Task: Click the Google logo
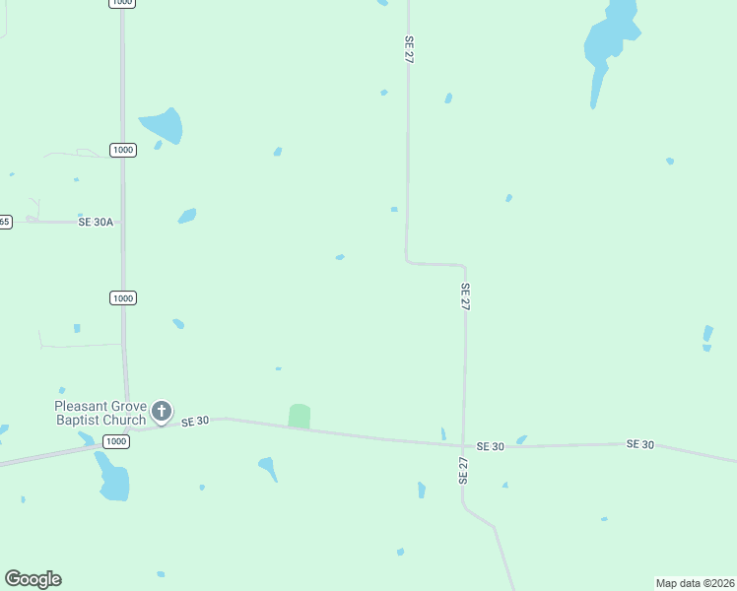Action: [33, 579]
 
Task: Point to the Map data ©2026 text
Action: [695, 583]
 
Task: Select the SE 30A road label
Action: [98, 223]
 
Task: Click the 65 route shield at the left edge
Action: [4, 222]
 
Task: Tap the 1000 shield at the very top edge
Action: [122, 3]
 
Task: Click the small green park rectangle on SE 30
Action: [299, 417]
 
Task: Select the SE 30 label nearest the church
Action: [196, 421]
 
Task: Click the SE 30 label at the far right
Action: [640, 444]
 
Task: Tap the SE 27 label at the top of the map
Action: [408, 51]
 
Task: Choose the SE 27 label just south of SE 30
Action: [462, 470]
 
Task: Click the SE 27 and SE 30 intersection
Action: [464, 445]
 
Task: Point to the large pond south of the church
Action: [112, 479]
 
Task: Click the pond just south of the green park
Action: [267, 468]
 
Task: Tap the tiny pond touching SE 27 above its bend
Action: [394, 209]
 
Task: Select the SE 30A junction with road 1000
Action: [122, 223]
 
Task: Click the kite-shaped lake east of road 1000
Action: [164, 125]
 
